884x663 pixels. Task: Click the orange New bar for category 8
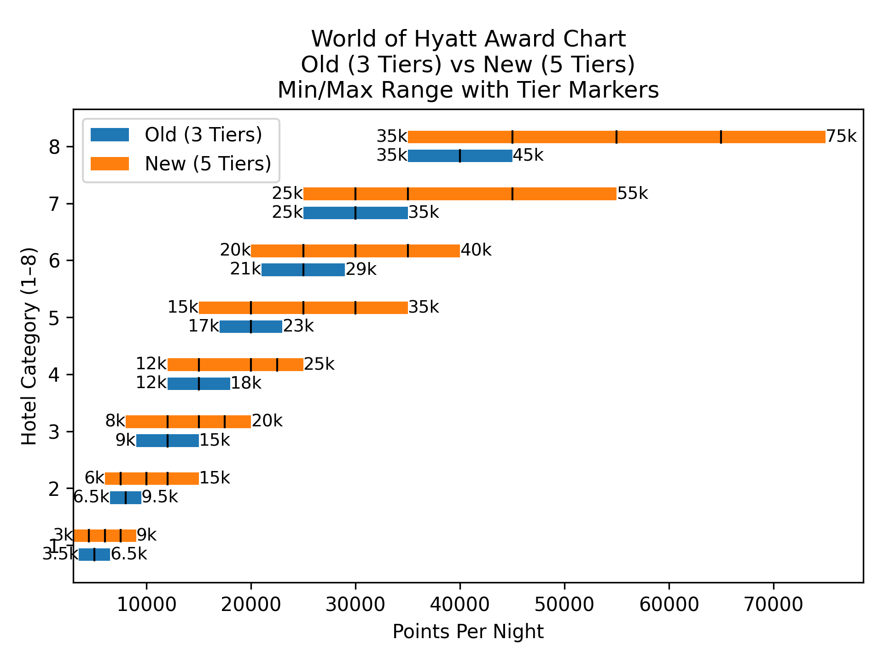click(x=616, y=137)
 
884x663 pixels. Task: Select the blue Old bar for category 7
click(x=355, y=213)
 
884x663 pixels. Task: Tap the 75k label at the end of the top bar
click(x=841, y=136)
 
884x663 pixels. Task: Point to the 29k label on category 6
click(x=361, y=269)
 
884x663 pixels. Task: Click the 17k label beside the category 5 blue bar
click(x=204, y=326)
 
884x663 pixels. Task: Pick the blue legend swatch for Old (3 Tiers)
click(x=110, y=134)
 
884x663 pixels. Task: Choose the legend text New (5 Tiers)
click(x=208, y=163)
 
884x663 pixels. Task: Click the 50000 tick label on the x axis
click(x=564, y=604)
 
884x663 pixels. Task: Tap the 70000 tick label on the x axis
click(x=773, y=604)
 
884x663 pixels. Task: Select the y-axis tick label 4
click(x=54, y=374)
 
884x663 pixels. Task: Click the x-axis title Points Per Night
click(x=468, y=632)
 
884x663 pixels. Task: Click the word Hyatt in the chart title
click(x=439, y=39)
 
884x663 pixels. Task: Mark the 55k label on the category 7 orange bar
click(x=632, y=193)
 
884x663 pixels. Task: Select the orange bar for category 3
click(x=188, y=422)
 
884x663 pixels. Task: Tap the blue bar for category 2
click(x=126, y=498)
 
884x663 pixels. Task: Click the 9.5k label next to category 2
click(x=159, y=497)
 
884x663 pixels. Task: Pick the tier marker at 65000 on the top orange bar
click(x=721, y=137)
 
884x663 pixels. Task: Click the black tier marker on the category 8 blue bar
click(x=460, y=156)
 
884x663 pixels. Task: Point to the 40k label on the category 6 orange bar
click(x=476, y=250)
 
